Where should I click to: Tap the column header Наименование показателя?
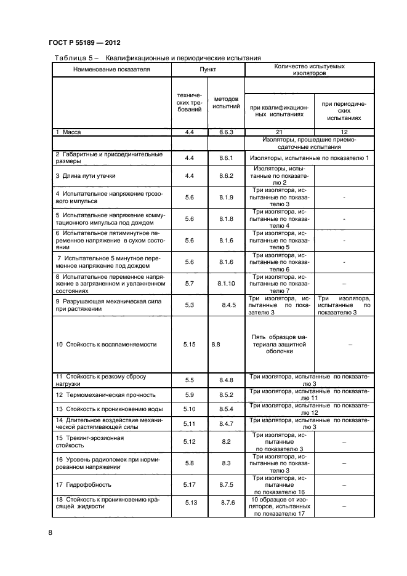pyautogui.click(x=111, y=70)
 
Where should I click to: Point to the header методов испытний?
pyautogui.click(x=226, y=102)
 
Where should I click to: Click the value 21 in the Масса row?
pyautogui.click(x=280, y=132)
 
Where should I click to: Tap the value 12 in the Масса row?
pyautogui.click(x=344, y=132)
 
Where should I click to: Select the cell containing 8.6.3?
pyautogui.click(x=226, y=132)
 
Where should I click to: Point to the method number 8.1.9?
pyautogui.click(x=226, y=197)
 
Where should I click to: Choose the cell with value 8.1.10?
pyautogui.click(x=226, y=283)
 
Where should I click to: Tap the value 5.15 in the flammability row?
pyautogui.click(x=189, y=345)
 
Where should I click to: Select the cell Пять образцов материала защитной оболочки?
pyautogui.click(x=279, y=345)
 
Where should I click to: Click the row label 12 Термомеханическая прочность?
pyautogui.click(x=105, y=394)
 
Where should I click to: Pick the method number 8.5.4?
pyautogui.click(x=226, y=409)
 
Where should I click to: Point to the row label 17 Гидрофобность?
pyautogui.click(x=79, y=485)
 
